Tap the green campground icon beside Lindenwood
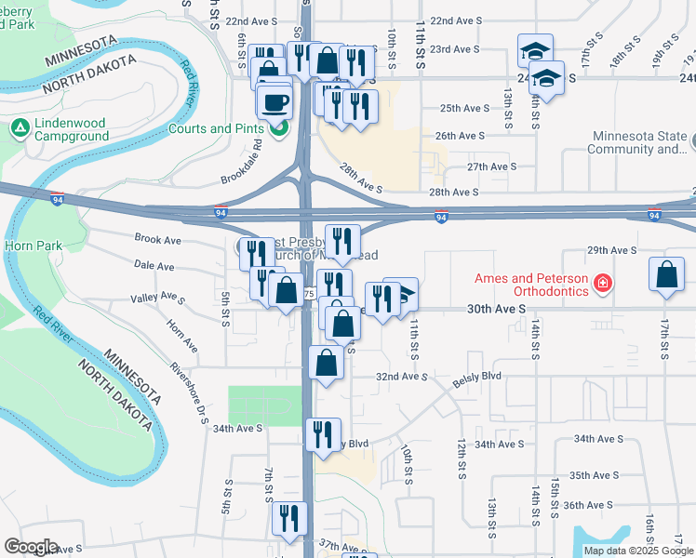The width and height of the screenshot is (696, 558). click(20, 126)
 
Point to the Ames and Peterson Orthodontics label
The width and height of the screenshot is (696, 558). click(532, 285)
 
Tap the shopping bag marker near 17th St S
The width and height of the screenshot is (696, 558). click(667, 274)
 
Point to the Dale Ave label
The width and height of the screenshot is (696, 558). click(154, 266)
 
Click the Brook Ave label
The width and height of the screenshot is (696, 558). click(157, 239)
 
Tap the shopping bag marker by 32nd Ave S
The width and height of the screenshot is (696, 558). click(326, 364)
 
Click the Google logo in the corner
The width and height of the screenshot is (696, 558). click(32, 547)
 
